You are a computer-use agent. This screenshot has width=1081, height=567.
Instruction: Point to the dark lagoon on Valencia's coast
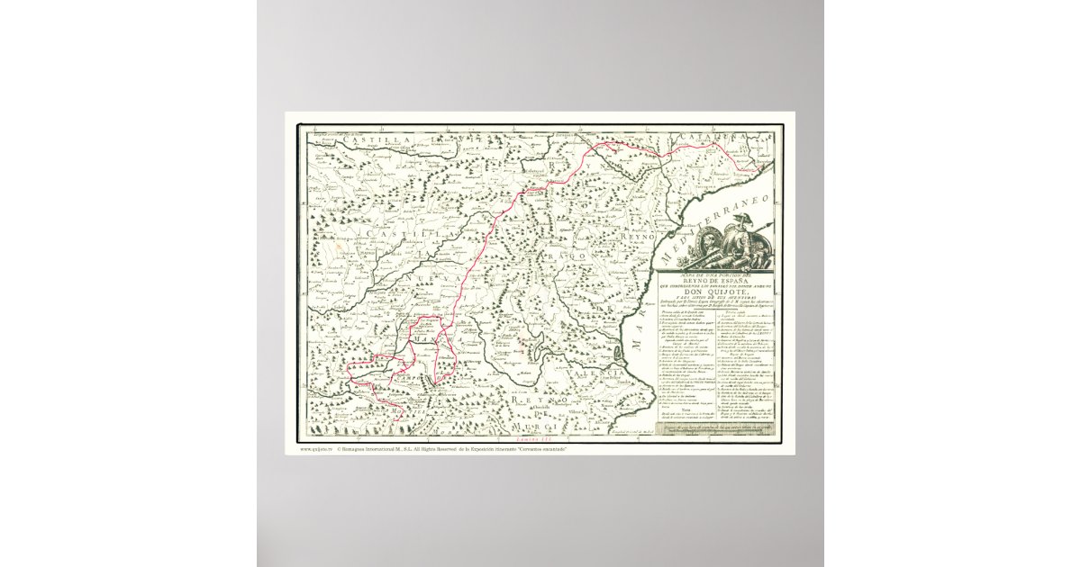622,345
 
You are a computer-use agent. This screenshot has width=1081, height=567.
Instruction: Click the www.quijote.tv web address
316,447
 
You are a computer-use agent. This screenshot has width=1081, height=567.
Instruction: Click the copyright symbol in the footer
340,447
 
